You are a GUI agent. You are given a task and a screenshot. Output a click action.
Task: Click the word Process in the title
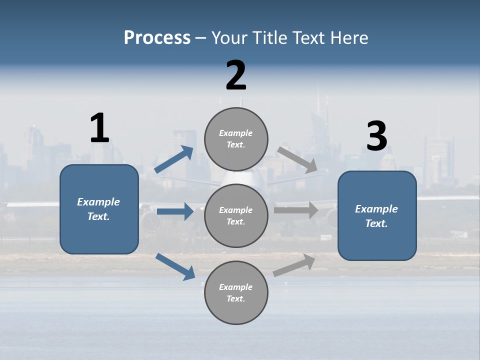coord(157,38)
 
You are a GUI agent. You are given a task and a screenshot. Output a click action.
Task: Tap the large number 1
coord(99,128)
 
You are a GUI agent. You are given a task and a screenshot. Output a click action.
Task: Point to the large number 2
coord(236,75)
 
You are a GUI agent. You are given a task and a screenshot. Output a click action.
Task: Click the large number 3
coord(376,136)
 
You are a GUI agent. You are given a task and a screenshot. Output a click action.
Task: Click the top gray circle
coord(236,138)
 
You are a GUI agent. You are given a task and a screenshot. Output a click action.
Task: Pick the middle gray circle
coord(236,215)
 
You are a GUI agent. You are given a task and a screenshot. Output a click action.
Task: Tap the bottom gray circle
coord(236,292)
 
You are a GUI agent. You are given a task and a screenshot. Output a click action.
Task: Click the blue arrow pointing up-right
coord(174,159)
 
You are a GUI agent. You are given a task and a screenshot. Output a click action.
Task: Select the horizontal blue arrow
coord(175,211)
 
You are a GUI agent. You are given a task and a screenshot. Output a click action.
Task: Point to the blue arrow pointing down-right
coord(175,266)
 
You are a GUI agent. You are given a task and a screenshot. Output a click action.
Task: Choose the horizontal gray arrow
coord(296,210)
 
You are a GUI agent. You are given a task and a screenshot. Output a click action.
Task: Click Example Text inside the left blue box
coord(98,209)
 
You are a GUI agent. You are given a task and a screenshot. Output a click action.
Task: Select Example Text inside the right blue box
coord(376,216)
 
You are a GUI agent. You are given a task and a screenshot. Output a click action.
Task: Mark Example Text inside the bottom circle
coord(236,292)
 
